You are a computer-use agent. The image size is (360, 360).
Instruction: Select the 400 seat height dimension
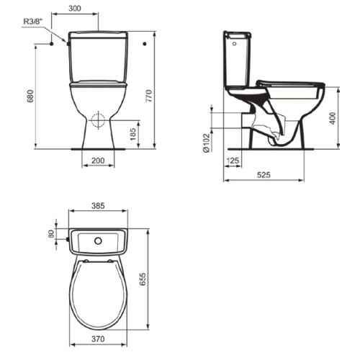(332, 119)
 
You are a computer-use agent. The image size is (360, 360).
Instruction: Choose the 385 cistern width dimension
(98, 206)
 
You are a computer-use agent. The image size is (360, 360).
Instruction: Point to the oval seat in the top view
(99, 292)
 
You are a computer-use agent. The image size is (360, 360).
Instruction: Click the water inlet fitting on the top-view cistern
(67, 237)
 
